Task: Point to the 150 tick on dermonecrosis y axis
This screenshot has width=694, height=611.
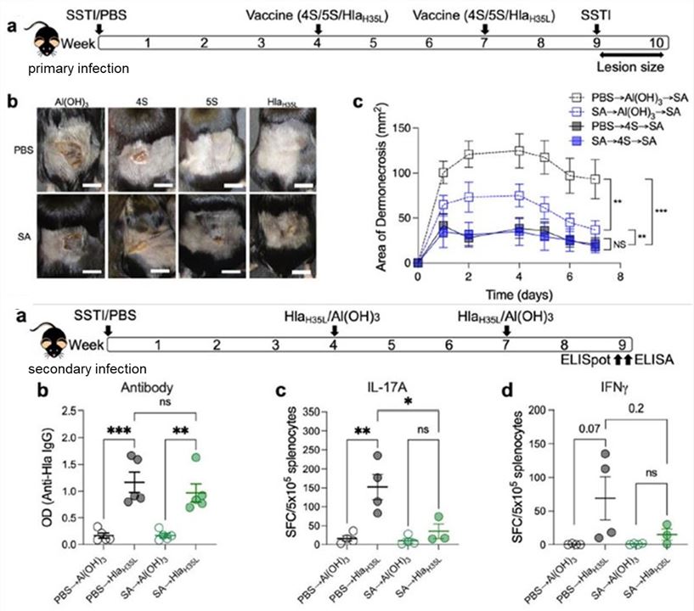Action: [397, 129]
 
